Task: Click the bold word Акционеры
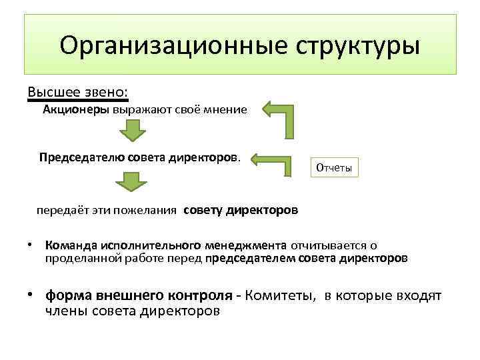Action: tap(76, 109)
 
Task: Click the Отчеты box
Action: tap(334, 167)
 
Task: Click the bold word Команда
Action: tap(67, 246)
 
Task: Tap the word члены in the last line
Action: tap(68, 310)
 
